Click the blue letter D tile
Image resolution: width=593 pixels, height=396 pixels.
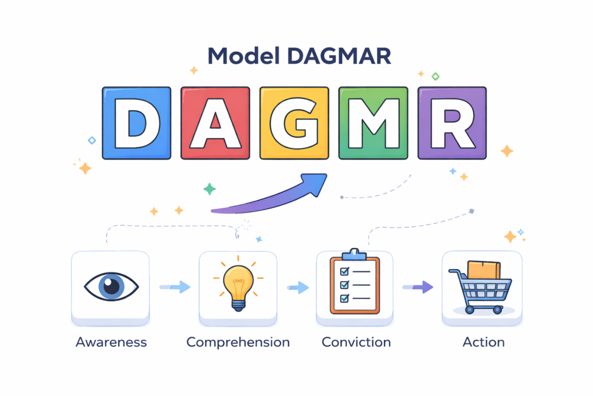137,123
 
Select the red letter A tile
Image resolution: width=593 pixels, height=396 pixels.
215,123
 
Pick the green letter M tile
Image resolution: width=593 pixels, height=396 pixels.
373,123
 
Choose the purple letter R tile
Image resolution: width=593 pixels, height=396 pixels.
452,123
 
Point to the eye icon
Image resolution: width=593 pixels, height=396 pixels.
111,286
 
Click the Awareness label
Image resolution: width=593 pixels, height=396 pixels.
111,342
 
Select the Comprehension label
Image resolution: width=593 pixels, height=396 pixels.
238,342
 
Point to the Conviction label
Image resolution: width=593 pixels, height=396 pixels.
356,342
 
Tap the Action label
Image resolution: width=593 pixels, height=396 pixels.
484,342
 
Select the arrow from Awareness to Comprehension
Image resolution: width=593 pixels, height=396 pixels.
174,286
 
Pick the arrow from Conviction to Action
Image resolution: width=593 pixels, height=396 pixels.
418,286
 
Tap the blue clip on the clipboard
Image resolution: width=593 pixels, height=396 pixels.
354,255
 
